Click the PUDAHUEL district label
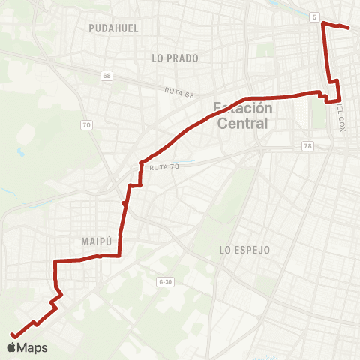pos(113,28)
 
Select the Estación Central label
pos(242,115)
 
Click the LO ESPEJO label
pos(244,249)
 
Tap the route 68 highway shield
pos(109,76)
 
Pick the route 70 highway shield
pos(88,124)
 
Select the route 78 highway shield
pos(308,145)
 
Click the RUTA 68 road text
pos(180,91)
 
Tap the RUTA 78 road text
pos(163,167)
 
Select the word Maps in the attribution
pos(32,347)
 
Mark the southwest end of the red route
pos(12,335)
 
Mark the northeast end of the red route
pos(349,28)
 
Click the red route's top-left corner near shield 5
pos(322,23)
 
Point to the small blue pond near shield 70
pos(20,152)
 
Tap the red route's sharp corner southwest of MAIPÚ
pos(55,261)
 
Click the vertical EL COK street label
pos(341,118)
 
